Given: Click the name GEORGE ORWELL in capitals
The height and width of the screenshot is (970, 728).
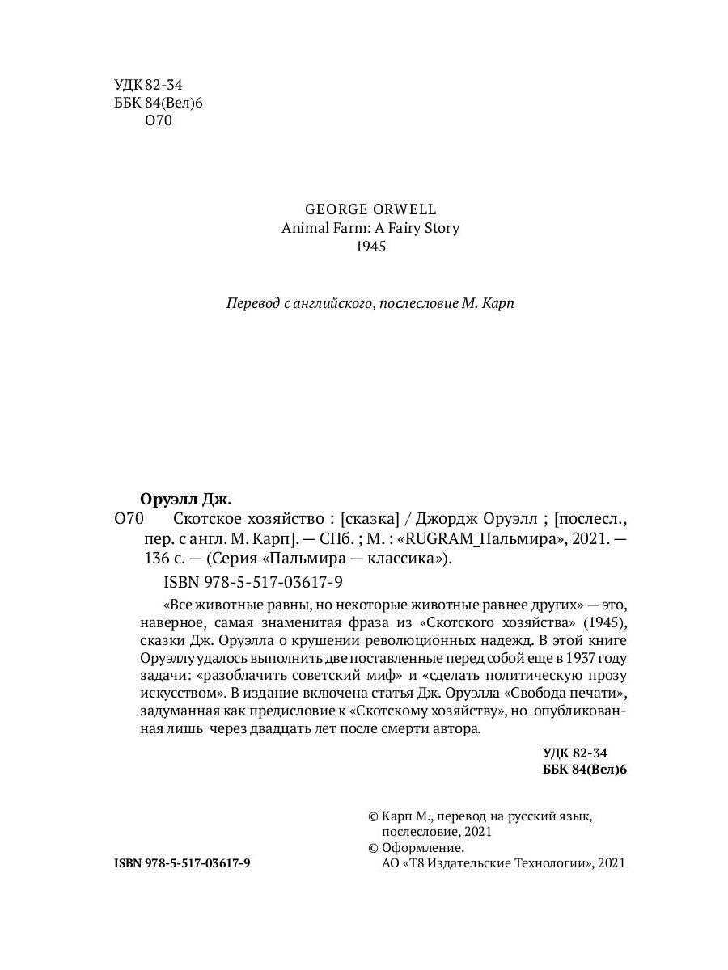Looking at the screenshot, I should [x=371, y=207].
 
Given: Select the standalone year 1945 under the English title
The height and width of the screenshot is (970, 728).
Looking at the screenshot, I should [x=371, y=247].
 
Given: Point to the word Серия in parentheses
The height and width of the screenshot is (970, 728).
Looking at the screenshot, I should [x=235, y=559].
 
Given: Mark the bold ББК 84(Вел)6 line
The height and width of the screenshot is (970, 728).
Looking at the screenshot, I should [x=585, y=770].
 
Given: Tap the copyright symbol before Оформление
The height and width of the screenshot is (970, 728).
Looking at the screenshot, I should [x=373, y=848].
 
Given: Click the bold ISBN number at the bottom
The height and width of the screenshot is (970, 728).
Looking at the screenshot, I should [x=182, y=863].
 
